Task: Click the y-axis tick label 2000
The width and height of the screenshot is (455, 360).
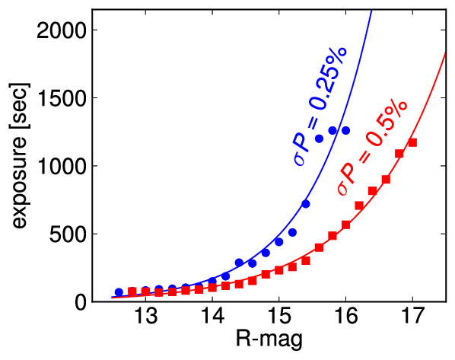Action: click(62, 30)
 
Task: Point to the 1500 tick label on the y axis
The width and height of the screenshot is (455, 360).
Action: click(62, 98)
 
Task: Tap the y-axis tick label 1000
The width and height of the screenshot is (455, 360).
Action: click(62, 166)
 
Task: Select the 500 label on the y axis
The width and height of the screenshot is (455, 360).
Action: click(68, 234)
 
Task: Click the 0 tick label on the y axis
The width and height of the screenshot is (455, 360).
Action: click(81, 302)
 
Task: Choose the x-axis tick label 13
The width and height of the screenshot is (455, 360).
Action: click(145, 315)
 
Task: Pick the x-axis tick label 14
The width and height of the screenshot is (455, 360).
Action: click(212, 315)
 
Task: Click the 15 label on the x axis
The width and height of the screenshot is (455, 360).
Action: click(279, 315)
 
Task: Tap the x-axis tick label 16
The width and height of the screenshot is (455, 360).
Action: click(345, 315)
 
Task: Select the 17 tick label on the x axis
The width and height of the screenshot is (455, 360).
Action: click(412, 315)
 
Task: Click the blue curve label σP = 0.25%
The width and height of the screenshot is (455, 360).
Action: click(320, 107)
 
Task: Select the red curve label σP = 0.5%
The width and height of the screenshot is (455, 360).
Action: click(373, 148)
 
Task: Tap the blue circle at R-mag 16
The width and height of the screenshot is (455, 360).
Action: click(345, 131)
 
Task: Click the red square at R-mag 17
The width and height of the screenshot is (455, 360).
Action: click(412, 142)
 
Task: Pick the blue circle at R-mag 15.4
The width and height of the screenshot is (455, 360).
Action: click(306, 204)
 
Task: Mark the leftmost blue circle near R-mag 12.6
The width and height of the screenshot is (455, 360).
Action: click(119, 292)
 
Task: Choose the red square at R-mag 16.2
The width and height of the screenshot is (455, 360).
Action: click(359, 205)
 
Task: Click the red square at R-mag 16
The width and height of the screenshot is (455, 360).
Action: click(345, 225)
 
